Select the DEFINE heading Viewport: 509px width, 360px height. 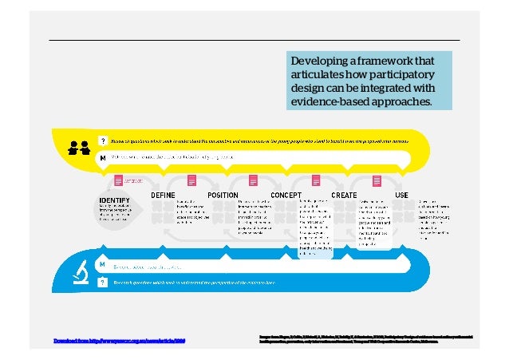click(x=164, y=195)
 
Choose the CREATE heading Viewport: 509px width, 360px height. click(x=344, y=195)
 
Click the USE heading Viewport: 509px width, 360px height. click(x=402, y=195)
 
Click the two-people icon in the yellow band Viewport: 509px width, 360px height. click(x=78, y=147)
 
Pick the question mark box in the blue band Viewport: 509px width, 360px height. click(x=102, y=282)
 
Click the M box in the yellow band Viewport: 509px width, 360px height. click(x=102, y=157)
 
